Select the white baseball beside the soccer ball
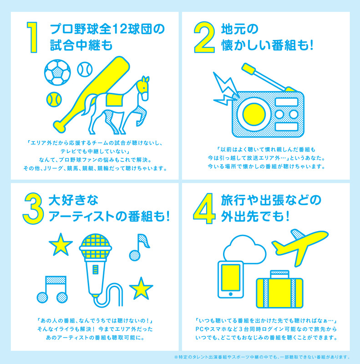pos(85,69)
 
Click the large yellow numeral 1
pos(32,37)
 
